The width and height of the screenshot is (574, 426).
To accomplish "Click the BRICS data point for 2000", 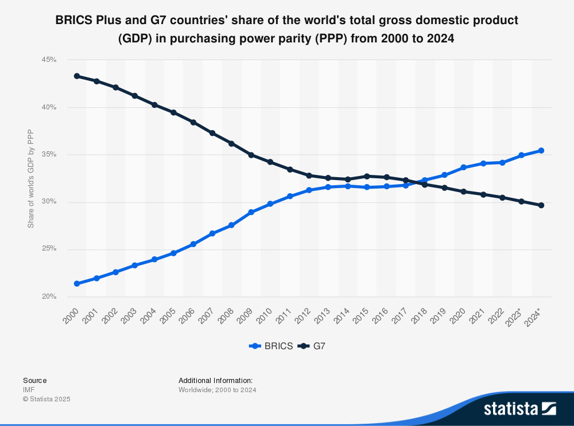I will (77, 284).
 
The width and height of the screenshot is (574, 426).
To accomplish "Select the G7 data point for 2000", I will (77, 76).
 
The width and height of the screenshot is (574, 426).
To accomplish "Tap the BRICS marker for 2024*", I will (541, 151).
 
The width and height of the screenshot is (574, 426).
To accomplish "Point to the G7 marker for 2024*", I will (541, 205).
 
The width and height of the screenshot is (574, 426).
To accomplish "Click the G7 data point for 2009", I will (251, 155).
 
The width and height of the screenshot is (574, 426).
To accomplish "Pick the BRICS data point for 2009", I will (251, 212).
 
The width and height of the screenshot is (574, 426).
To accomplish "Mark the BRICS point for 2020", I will (464, 167).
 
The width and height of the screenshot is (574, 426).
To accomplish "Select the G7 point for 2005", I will (173, 112).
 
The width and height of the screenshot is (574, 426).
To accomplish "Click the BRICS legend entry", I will (271, 346).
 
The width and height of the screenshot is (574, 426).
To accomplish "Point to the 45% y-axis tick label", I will (49, 60).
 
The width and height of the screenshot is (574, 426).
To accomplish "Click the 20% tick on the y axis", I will (49, 297).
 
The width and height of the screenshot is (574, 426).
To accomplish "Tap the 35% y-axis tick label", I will (49, 155).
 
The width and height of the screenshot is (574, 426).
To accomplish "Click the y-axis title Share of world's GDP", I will (31, 178).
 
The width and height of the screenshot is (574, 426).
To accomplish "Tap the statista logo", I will (519, 408).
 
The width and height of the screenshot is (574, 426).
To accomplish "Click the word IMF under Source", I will (29, 390).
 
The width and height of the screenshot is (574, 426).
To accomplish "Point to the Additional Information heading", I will (215, 380).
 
